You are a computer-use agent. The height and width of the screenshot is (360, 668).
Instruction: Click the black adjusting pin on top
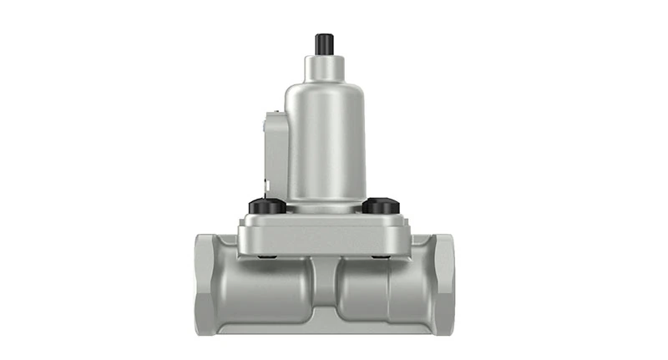(x=324, y=43)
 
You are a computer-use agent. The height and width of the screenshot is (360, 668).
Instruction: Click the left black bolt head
(x=266, y=205)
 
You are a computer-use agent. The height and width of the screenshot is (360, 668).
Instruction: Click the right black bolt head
(x=382, y=205)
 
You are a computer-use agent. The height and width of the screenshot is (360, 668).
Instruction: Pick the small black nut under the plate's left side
(x=266, y=256)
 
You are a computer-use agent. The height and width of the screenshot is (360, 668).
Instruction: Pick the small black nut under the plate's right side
(x=382, y=256)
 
